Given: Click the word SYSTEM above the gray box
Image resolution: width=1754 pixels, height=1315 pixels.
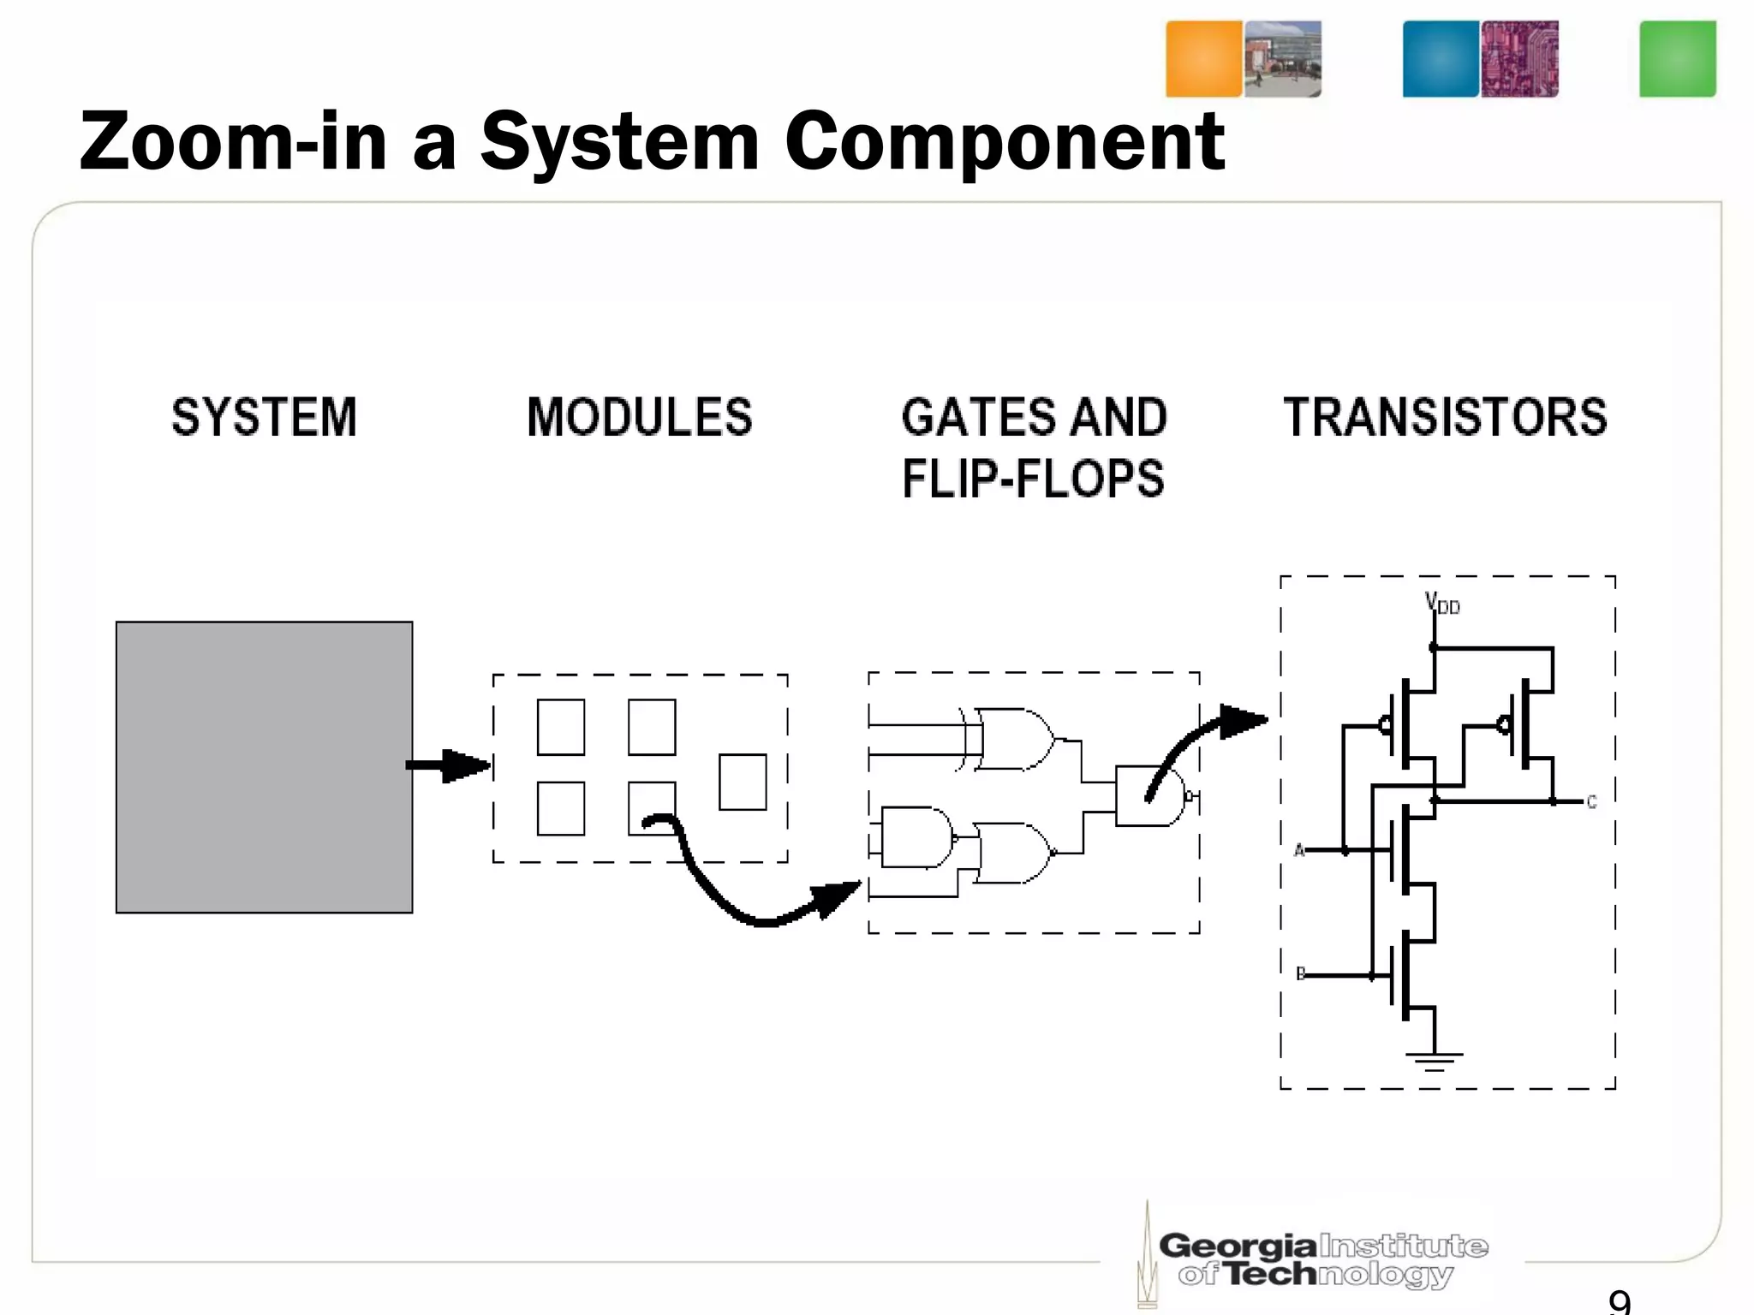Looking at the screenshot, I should [264, 418].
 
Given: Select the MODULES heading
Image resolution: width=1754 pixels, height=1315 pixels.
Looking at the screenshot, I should [640, 418].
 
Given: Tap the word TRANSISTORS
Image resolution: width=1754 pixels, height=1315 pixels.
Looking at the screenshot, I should [1445, 418].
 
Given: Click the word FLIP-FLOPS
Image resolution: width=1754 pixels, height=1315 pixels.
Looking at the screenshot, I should [1033, 479].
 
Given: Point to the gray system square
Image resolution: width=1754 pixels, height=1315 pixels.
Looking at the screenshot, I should [264, 767].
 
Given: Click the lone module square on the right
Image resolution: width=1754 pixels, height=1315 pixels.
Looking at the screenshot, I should [743, 782].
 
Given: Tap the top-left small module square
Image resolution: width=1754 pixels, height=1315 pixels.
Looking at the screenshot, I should [561, 728].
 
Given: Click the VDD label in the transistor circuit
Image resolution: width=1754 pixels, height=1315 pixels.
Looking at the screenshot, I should [1442, 604].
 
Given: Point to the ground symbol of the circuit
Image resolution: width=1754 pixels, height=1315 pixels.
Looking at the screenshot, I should [1435, 1062].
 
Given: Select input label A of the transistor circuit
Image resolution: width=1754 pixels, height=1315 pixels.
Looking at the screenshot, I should [1299, 850].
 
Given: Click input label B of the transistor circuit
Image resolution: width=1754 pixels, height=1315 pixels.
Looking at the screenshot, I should [1300, 974].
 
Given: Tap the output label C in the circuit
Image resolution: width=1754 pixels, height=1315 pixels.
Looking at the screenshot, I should [1591, 802].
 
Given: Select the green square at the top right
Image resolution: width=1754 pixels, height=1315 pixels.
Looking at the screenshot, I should [1677, 59].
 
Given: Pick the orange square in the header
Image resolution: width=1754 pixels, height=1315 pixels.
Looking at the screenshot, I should [1203, 59].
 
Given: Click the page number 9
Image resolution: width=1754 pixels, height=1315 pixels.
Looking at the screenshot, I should [1620, 1302].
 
